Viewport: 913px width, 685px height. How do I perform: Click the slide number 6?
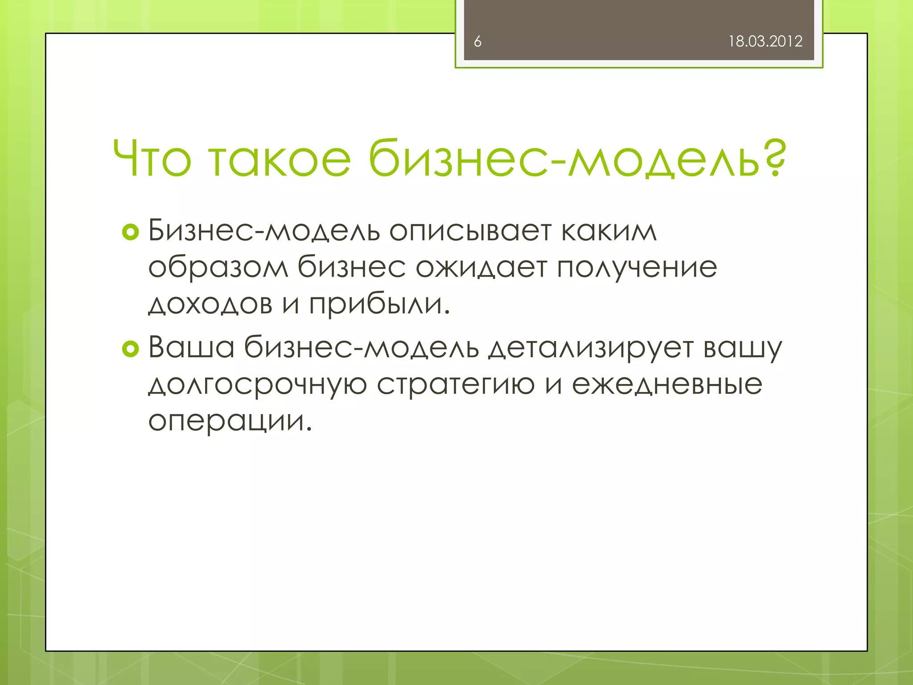[477, 41]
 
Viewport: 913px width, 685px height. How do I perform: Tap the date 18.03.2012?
[765, 41]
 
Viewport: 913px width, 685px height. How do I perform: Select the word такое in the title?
[280, 158]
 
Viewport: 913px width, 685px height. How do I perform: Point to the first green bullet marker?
[130, 232]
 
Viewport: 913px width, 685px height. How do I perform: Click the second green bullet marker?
[130, 349]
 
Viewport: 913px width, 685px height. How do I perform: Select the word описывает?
[470, 232]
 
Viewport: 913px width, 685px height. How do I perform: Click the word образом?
[218, 268]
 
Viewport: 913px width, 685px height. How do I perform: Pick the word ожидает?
[481, 268]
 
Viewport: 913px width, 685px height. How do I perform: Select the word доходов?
[210, 304]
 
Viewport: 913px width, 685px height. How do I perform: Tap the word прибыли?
[379, 304]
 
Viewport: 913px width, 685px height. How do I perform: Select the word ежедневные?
[667, 384]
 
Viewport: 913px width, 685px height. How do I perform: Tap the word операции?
[230, 421]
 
